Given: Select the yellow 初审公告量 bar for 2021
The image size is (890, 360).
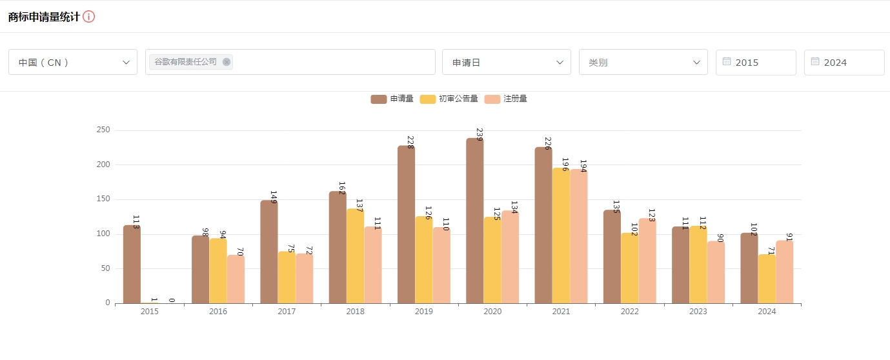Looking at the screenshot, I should tap(561, 235).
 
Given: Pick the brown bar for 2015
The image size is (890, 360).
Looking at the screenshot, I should tap(132, 264).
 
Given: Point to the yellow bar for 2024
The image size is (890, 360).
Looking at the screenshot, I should tap(767, 279).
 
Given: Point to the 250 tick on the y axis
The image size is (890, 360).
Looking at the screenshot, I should tap(103, 130).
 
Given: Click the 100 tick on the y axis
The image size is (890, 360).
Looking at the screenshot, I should tap(103, 234).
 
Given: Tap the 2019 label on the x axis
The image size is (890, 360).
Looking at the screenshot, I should tap(424, 312).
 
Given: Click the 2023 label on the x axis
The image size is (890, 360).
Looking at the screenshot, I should tap(698, 312).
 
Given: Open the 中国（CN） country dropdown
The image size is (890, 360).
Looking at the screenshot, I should tap(73, 62).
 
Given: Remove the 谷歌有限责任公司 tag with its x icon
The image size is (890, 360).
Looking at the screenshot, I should tap(227, 62).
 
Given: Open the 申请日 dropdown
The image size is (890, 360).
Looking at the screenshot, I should tap(507, 62).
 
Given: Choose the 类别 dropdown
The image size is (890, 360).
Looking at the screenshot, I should tap(643, 62).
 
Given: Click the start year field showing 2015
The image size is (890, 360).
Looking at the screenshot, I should tap(756, 63).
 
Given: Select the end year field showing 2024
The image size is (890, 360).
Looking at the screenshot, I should tap(844, 63).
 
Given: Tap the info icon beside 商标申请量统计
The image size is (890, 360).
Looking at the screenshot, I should tap(89, 17).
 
